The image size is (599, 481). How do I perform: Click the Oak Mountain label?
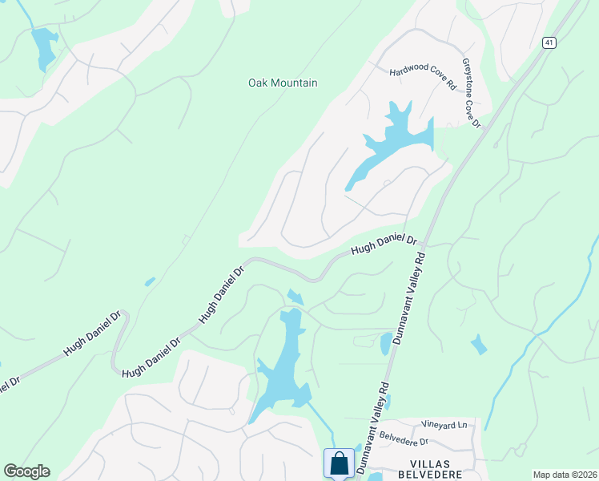pos(283,83)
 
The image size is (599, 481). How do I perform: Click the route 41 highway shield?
pos(548,42)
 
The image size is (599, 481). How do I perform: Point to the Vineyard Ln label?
pos(445,424)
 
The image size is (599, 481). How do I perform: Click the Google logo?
pos(26,471)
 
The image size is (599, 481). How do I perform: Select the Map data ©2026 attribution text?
pos(564,475)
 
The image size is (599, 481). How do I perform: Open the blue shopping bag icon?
pos(339,463)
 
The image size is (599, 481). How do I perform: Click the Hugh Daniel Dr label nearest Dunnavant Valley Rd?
pos(384,245)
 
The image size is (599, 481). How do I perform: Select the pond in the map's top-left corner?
pos(43,46)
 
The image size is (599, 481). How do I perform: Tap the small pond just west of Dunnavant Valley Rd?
pos(385,344)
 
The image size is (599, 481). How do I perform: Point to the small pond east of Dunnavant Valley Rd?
pos(478,345)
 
